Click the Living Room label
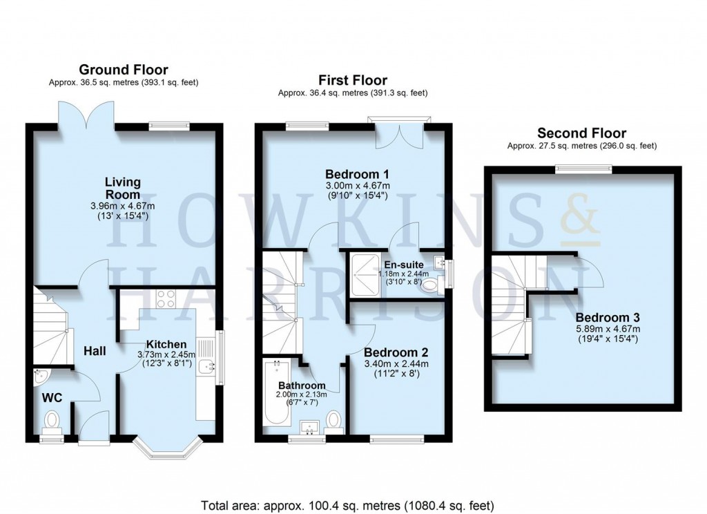(123, 188)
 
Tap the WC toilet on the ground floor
(52, 419)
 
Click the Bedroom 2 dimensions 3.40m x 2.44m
(396, 363)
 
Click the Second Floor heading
(581, 133)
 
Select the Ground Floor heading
(124, 69)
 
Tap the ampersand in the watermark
(575, 217)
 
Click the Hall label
(95, 352)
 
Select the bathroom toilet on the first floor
(333, 419)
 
